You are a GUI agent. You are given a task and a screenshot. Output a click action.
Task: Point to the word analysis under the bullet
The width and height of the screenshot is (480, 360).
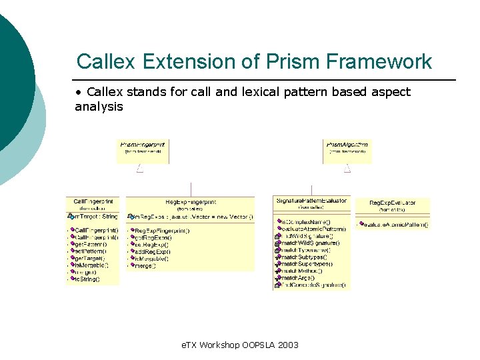(x=99, y=107)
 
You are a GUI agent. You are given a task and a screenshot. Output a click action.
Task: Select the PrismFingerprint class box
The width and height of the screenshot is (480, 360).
(x=143, y=151)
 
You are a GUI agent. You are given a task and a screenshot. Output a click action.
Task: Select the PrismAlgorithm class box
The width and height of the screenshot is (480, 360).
(x=347, y=151)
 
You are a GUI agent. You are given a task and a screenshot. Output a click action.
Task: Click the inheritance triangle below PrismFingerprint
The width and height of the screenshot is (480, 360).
(x=140, y=169)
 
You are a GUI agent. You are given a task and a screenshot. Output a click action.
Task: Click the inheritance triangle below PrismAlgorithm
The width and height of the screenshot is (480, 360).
(x=347, y=169)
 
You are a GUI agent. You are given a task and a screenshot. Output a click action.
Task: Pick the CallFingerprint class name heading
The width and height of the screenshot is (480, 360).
(x=93, y=202)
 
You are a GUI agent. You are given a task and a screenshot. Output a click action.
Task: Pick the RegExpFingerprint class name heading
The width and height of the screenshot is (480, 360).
(x=190, y=202)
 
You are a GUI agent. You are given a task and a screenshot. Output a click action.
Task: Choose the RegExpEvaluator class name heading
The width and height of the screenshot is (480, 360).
(x=393, y=203)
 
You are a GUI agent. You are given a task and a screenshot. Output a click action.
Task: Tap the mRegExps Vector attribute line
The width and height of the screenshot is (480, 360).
(x=190, y=217)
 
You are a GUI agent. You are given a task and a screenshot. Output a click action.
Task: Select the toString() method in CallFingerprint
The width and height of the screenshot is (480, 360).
(x=87, y=279)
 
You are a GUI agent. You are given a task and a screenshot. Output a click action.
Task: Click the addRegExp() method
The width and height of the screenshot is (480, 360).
(x=153, y=251)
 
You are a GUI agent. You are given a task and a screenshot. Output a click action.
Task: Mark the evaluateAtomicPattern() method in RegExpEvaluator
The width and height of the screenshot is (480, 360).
(x=395, y=225)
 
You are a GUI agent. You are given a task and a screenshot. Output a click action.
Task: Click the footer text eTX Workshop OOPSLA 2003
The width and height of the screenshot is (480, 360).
(x=241, y=345)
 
